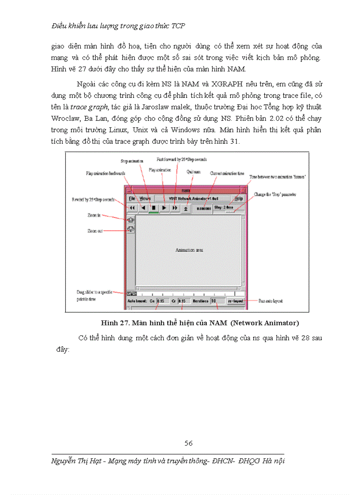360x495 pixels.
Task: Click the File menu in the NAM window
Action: click(131, 199)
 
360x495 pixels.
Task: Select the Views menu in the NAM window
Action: click(145, 199)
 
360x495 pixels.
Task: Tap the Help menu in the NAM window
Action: click(239, 199)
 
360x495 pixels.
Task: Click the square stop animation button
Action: click(154, 207)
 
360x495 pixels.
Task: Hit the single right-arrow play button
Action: click(164, 207)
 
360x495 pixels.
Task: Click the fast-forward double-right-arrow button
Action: click(175, 207)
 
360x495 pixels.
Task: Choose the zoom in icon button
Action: click(131, 219)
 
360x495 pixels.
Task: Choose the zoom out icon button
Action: click(131, 229)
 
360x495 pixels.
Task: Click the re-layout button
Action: click(235, 301)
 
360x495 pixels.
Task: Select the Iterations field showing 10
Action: click(216, 301)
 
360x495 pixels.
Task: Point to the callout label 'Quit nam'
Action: click(193, 172)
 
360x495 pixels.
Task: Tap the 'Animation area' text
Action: click(189, 250)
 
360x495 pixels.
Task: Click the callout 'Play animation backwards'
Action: click(105, 174)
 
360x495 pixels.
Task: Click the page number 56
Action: click(188, 443)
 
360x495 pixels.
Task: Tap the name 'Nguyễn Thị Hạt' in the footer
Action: click(75, 461)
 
